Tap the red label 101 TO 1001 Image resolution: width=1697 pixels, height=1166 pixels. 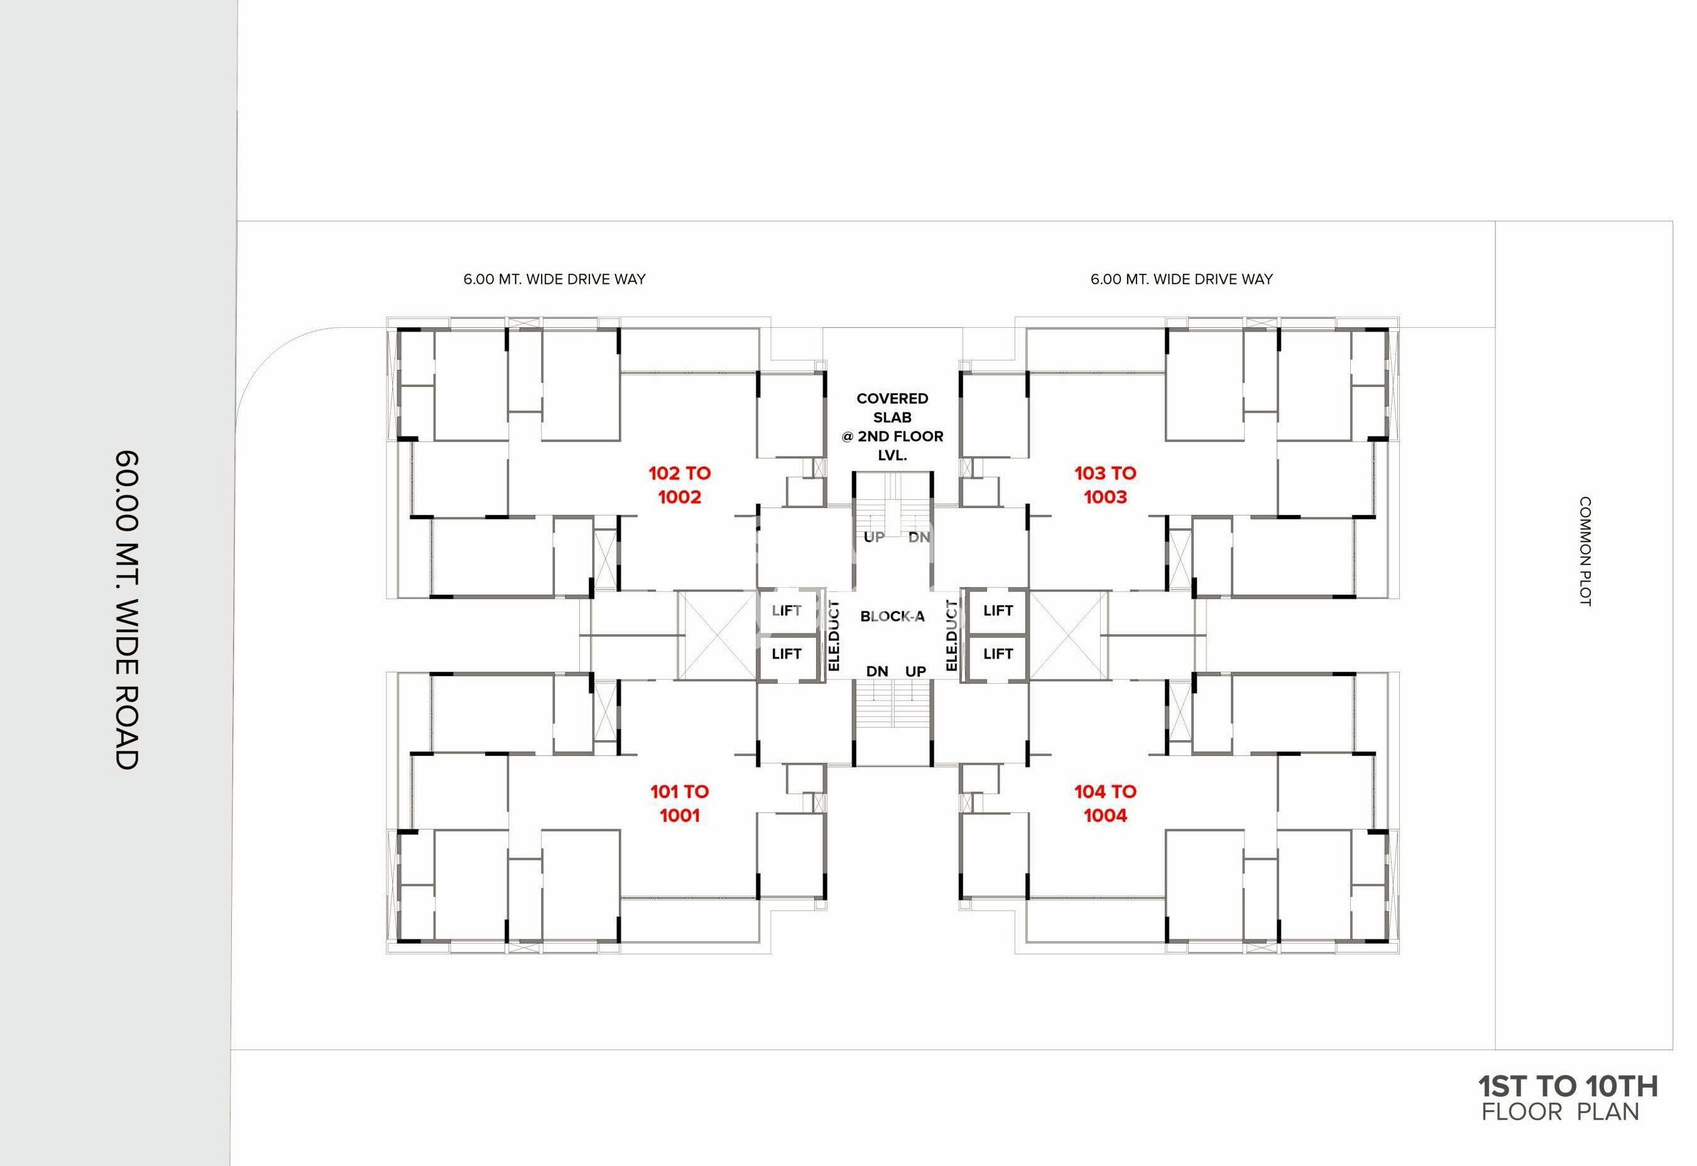coord(680,804)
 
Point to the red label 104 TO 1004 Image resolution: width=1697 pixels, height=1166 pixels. coord(1105,804)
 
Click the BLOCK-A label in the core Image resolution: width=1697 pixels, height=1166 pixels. coord(892,617)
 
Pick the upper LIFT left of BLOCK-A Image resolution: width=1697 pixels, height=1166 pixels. coord(787,611)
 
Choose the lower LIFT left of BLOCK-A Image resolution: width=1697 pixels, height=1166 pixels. coord(787,654)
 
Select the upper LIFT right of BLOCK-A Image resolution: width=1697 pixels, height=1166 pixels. coord(998,611)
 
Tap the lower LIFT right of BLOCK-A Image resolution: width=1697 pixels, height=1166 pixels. coord(998,654)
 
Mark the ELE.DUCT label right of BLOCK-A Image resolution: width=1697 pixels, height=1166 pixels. coord(952,635)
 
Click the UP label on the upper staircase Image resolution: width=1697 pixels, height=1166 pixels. coord(874,537)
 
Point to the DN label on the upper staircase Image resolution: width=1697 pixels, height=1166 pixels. coord(919,537)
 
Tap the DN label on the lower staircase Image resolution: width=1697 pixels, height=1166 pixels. coord(877,671)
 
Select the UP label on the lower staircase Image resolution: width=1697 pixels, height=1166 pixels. coord(916,671)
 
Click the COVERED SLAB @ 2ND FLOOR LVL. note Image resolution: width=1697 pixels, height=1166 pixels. coord(892,427)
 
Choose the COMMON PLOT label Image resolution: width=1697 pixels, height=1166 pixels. coord(1585,551)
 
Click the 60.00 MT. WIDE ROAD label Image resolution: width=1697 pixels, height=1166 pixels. coord(126,610)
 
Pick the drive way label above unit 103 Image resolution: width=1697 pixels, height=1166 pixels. coord(1182,279)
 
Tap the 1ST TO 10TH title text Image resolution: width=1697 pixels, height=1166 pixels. coord(1568,1086)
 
